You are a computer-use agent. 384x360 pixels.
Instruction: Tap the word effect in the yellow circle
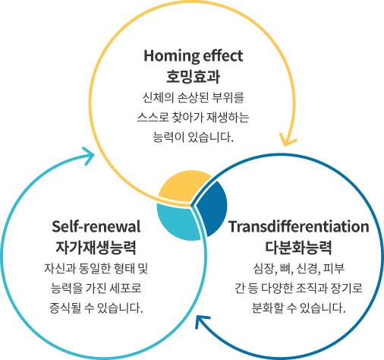point(223,55)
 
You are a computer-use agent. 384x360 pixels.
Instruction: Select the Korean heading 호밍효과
point(193,76)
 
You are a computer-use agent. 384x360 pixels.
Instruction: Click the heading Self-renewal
point(96,226)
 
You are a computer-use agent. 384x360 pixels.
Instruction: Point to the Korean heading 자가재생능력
point(96,247)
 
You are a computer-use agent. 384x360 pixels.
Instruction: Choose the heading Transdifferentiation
point(298,226)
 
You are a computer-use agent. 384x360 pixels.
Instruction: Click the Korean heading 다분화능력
point(298,247)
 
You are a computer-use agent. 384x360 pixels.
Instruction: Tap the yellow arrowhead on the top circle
point(288,140)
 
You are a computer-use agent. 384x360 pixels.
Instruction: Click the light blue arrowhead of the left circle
point(88,156)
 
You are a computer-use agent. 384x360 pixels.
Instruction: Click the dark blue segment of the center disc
point(212,208)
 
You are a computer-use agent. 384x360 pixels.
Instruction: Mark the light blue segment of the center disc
point(178,222)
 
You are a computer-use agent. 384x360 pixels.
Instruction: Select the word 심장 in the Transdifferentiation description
point(262,268)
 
